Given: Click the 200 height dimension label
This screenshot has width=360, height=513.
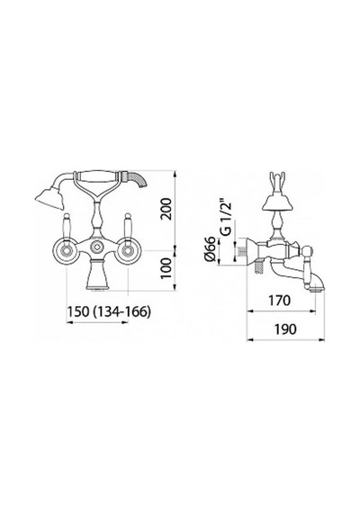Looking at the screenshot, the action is coord(166,209).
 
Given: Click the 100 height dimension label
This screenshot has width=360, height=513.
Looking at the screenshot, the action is coord(166,267).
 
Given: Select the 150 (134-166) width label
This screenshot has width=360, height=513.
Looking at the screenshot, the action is coord(109,311).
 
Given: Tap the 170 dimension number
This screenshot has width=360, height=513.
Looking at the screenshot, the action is coord(279,300).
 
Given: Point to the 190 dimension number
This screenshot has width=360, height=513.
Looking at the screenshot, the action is coord(285,329).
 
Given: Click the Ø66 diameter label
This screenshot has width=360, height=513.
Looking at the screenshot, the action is coord(211,248).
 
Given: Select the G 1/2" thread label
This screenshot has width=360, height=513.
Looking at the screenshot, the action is coord(226,218).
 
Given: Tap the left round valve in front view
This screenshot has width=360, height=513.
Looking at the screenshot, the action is coord(66,251).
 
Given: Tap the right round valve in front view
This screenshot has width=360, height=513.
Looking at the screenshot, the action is coord(127,251).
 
